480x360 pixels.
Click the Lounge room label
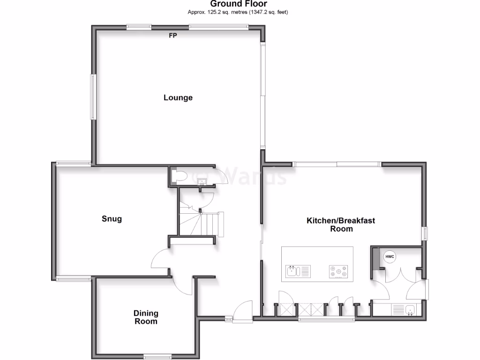tap(178, 98)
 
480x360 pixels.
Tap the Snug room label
tap(112, 219)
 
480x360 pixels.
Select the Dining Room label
tap(146, 317)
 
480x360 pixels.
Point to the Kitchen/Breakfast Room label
tap(341, 225)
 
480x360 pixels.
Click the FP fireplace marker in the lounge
tap(173, 36)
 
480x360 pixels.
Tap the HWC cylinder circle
tap(390, 257)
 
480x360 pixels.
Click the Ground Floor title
tap(239, 4)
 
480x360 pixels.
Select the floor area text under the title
tap(238, 12)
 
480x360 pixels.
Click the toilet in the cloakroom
tap(180, 176)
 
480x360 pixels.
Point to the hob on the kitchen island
tap(338, 271)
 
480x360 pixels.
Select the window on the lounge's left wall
tap(93, 97)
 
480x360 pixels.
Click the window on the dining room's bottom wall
tap(157, 355)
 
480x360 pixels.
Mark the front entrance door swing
tap(244, 310)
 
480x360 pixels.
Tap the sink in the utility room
tap(409, 309)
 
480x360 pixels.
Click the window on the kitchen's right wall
tap(425, 233)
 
